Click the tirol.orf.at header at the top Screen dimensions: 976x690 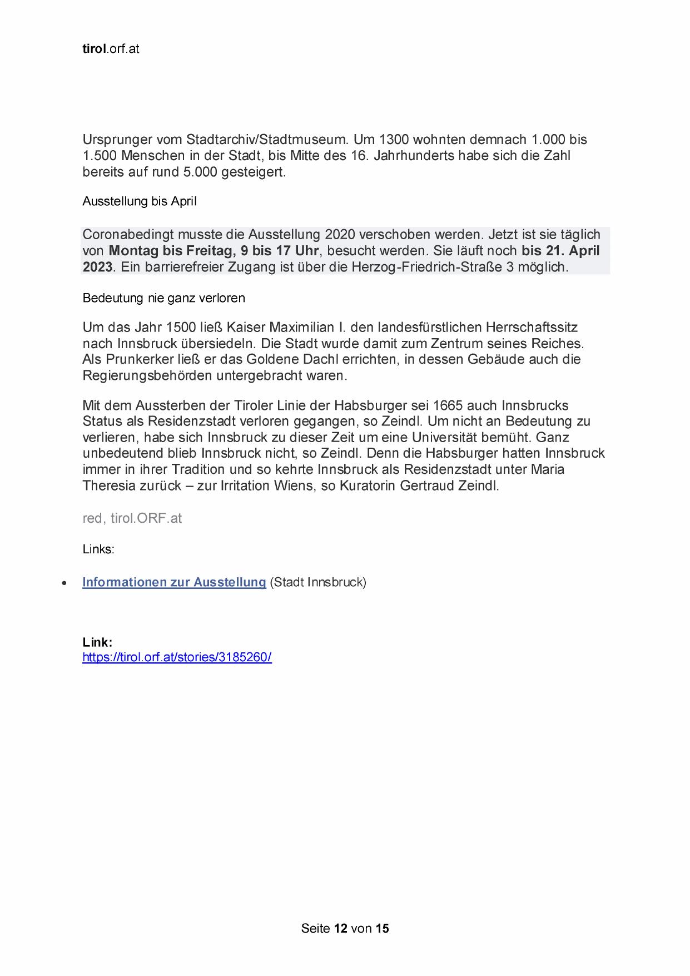click(x=111, y=49)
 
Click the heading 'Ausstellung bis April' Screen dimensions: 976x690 click(x=140, y=201)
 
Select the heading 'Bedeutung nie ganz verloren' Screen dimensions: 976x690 click(x=163, y=298)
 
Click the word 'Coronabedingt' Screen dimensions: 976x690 click(x=128, y=235)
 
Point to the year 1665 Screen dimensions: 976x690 click(x=448, y=405)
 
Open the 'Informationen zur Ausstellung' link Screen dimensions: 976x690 click(x=174, y=582)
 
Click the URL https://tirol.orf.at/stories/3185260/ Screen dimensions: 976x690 click(x=177, y=657)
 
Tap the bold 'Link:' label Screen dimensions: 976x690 click(x=97, y=642)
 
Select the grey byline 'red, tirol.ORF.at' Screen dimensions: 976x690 click(x=132, y=518)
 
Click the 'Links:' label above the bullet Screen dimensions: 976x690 click(x=98, y=549)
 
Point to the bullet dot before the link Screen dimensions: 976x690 click(x=65, y=583)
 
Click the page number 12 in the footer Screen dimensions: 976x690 click(x=341, y=928)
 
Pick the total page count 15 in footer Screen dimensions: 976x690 click(x=383, y=928)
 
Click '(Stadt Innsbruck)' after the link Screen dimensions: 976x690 click(x=318, y=582)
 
